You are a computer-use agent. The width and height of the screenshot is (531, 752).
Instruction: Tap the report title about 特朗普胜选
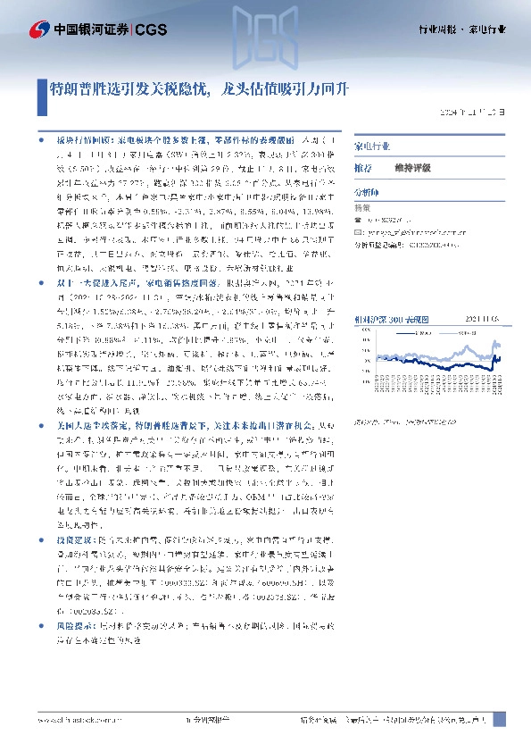tap(200, 88)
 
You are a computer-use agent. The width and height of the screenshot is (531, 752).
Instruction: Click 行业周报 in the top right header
tap(440, 29)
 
